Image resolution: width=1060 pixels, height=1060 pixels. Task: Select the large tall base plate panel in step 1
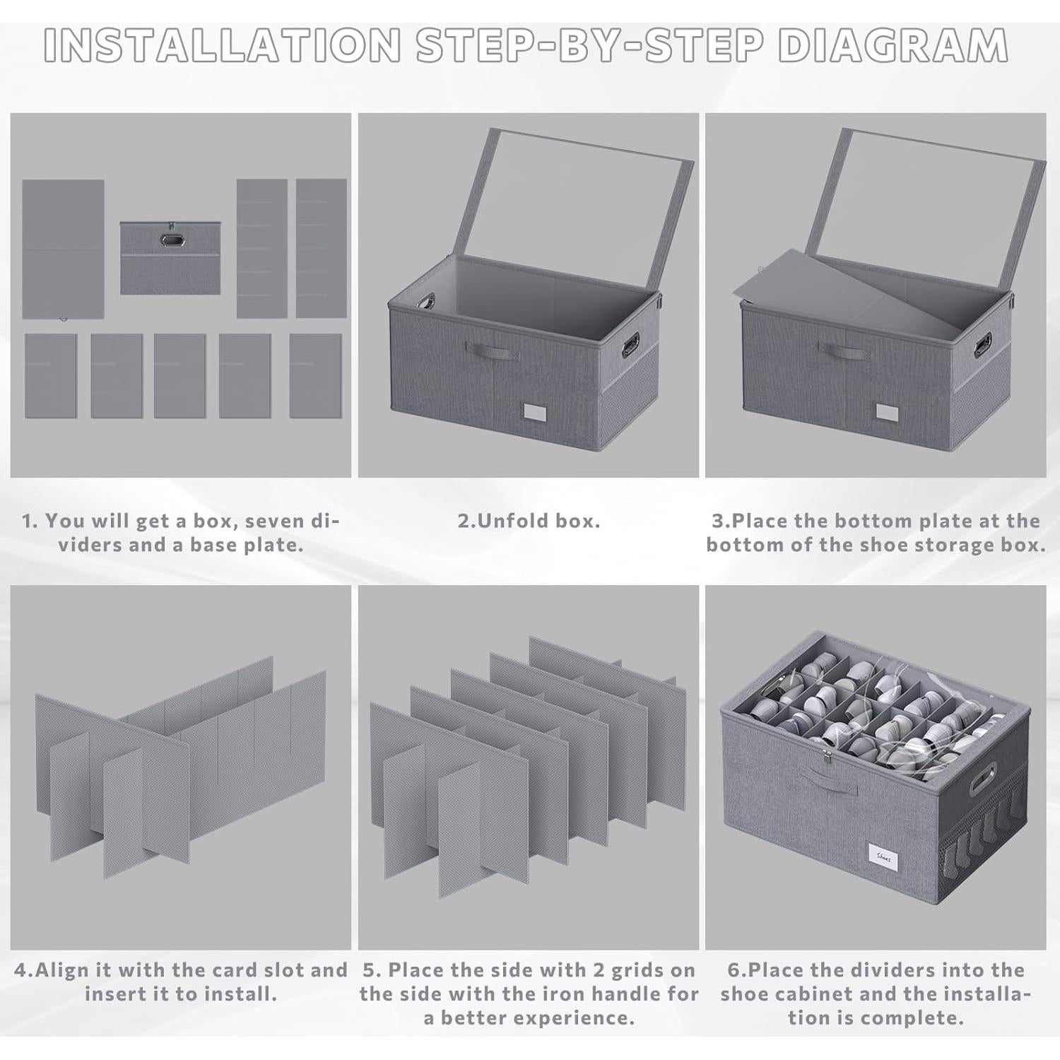click(63, 249)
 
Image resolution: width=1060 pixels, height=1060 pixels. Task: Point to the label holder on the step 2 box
click(536, 412)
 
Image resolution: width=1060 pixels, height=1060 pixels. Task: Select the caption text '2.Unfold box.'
click(529, 522)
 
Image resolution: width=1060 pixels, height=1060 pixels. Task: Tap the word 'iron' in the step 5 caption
click(569, 994)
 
